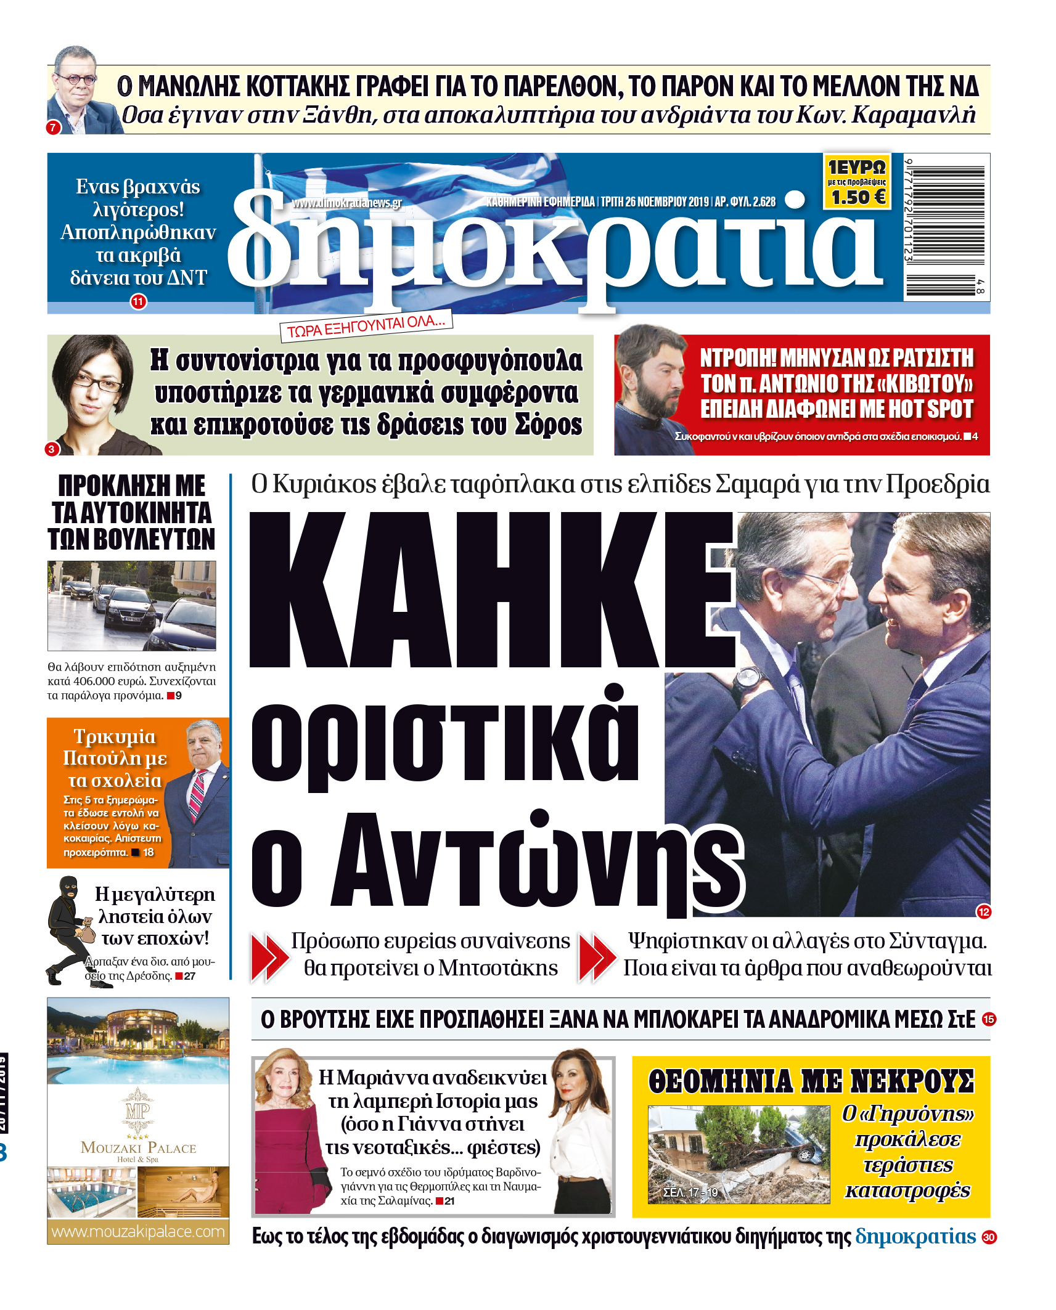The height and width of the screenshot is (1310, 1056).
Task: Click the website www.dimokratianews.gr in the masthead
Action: pos(346,203)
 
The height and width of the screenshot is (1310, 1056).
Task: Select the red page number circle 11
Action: pos(138,302)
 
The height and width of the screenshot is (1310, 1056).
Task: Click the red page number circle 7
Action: pos(53,128)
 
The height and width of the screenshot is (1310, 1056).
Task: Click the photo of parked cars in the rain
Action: pos(132,605)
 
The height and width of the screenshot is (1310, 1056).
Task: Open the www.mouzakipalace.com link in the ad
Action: pos(138,1231)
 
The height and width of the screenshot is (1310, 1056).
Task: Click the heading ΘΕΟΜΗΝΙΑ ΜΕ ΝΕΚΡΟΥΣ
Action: pos(810,1081)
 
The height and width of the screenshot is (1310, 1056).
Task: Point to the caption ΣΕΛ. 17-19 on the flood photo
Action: pos(690,1192)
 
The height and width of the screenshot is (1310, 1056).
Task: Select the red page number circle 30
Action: pos(989,1237)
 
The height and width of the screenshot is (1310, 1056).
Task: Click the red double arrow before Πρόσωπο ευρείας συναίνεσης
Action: pos(269,956)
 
